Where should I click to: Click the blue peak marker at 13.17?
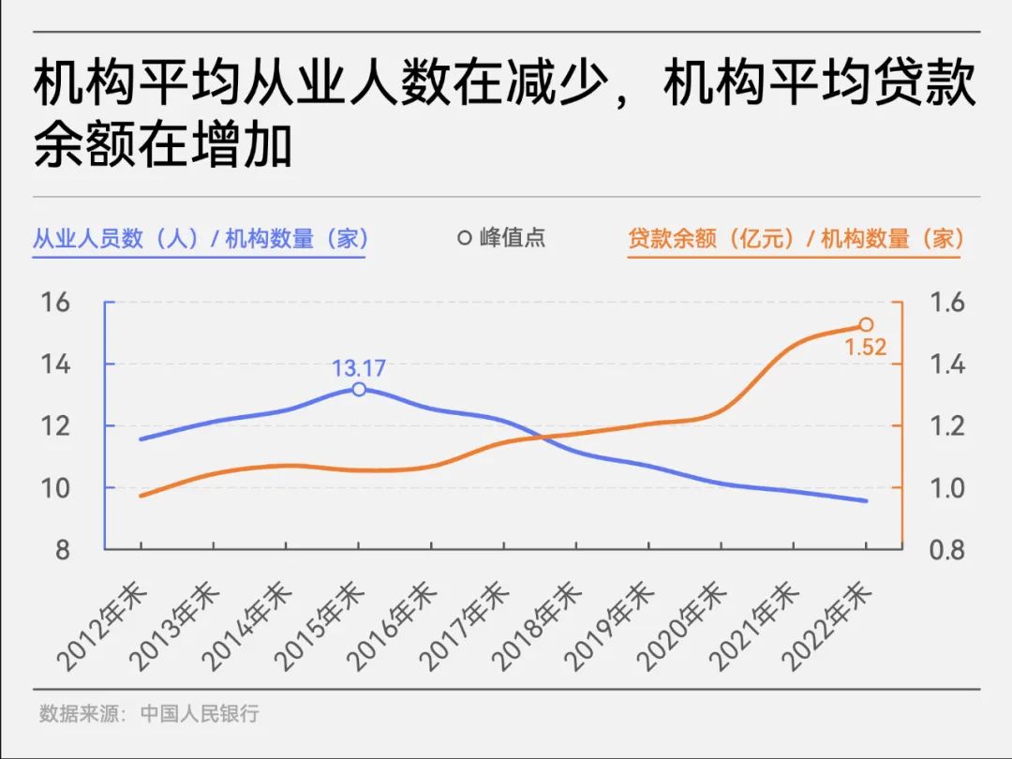359,389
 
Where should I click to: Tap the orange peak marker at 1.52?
866,325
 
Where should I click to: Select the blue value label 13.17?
359,368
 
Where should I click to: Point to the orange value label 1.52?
865,349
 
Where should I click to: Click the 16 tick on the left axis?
55,303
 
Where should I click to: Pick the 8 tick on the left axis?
62,550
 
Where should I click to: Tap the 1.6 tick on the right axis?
945,303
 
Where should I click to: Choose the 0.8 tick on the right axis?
945,550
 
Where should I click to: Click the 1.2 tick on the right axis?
945,426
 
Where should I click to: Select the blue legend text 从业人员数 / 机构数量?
201,238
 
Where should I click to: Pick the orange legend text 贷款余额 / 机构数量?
796,238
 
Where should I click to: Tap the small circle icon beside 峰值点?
464,238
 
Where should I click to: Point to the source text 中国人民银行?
200,713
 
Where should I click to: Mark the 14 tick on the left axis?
55,365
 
